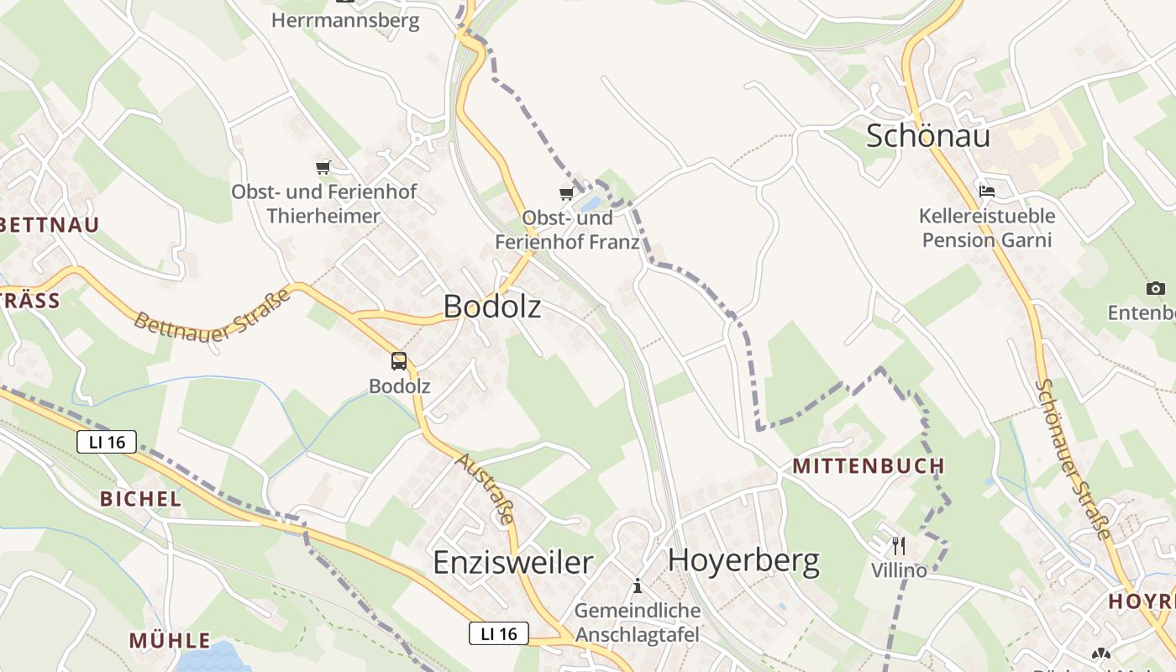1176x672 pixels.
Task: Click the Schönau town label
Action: point(928,136)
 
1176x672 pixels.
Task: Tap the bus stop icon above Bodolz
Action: point(399,361)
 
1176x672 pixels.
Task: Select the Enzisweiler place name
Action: point(512,562)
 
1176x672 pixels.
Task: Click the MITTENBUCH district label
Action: point(869,466)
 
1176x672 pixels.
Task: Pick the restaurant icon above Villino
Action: point(899,546)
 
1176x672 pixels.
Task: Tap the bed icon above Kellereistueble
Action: point(987,192)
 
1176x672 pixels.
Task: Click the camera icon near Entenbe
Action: point(1156,289)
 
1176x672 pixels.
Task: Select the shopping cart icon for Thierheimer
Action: point(323,167)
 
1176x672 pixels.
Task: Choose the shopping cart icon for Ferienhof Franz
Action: point(567,194)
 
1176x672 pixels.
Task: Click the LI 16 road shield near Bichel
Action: point(107,442)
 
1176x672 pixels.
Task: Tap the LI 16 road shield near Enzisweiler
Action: point(498,633)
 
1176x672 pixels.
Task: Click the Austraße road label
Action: point(485,489)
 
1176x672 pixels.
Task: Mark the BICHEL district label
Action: point(140,499)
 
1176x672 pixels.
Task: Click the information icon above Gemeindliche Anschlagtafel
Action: point(638,585)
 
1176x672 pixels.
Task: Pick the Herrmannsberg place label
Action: point(345,20)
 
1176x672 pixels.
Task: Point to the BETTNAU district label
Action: point(50,224)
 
